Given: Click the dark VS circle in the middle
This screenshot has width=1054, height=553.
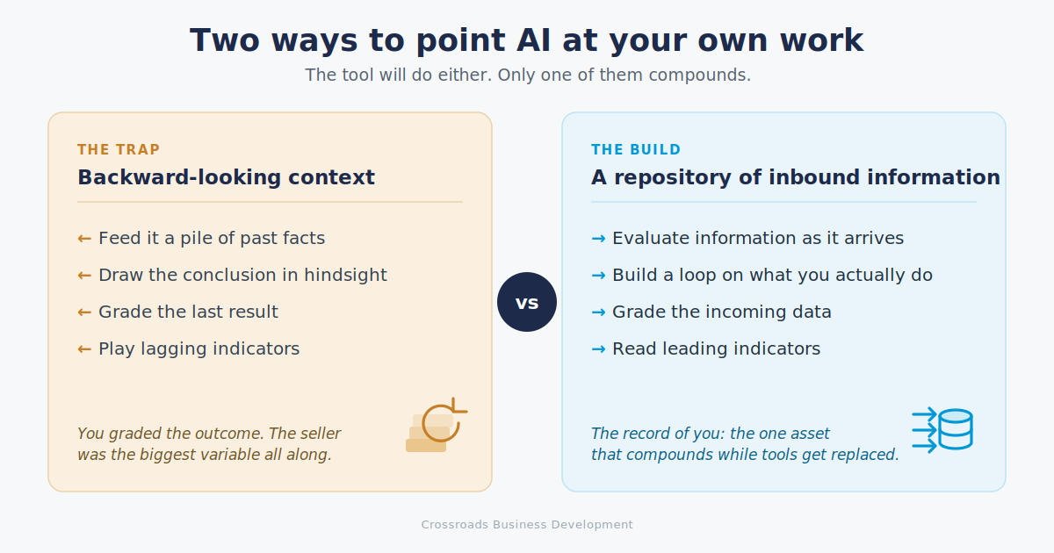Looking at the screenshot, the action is [527, 302].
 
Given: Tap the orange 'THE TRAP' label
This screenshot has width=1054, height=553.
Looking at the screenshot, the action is [119, 149].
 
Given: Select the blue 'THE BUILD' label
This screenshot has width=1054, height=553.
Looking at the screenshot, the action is [636, 149].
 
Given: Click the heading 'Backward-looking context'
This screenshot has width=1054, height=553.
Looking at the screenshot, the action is [226, 177].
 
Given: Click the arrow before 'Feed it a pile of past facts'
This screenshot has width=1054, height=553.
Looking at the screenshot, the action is [84, 239].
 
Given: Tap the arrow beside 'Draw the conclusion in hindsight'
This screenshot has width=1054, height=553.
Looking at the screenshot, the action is [84, 276].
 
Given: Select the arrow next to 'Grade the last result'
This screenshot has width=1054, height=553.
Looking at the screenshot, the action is [84, 312].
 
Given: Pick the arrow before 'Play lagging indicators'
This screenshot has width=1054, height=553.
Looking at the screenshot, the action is [84, 349].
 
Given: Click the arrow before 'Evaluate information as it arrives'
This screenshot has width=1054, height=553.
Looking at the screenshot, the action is [598, 239].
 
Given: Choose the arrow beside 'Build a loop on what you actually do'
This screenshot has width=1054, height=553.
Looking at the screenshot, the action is [598, 276].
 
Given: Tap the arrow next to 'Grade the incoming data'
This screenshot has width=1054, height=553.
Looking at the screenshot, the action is [598, 312].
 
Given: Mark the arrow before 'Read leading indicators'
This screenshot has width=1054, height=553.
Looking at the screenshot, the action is [598, 349].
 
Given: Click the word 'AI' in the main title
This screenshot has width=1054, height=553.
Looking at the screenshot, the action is [533, 40].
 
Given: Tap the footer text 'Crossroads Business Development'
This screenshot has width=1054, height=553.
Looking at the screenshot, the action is [527, 525].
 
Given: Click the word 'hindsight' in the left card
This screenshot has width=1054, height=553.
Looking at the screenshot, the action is [345, 276].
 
